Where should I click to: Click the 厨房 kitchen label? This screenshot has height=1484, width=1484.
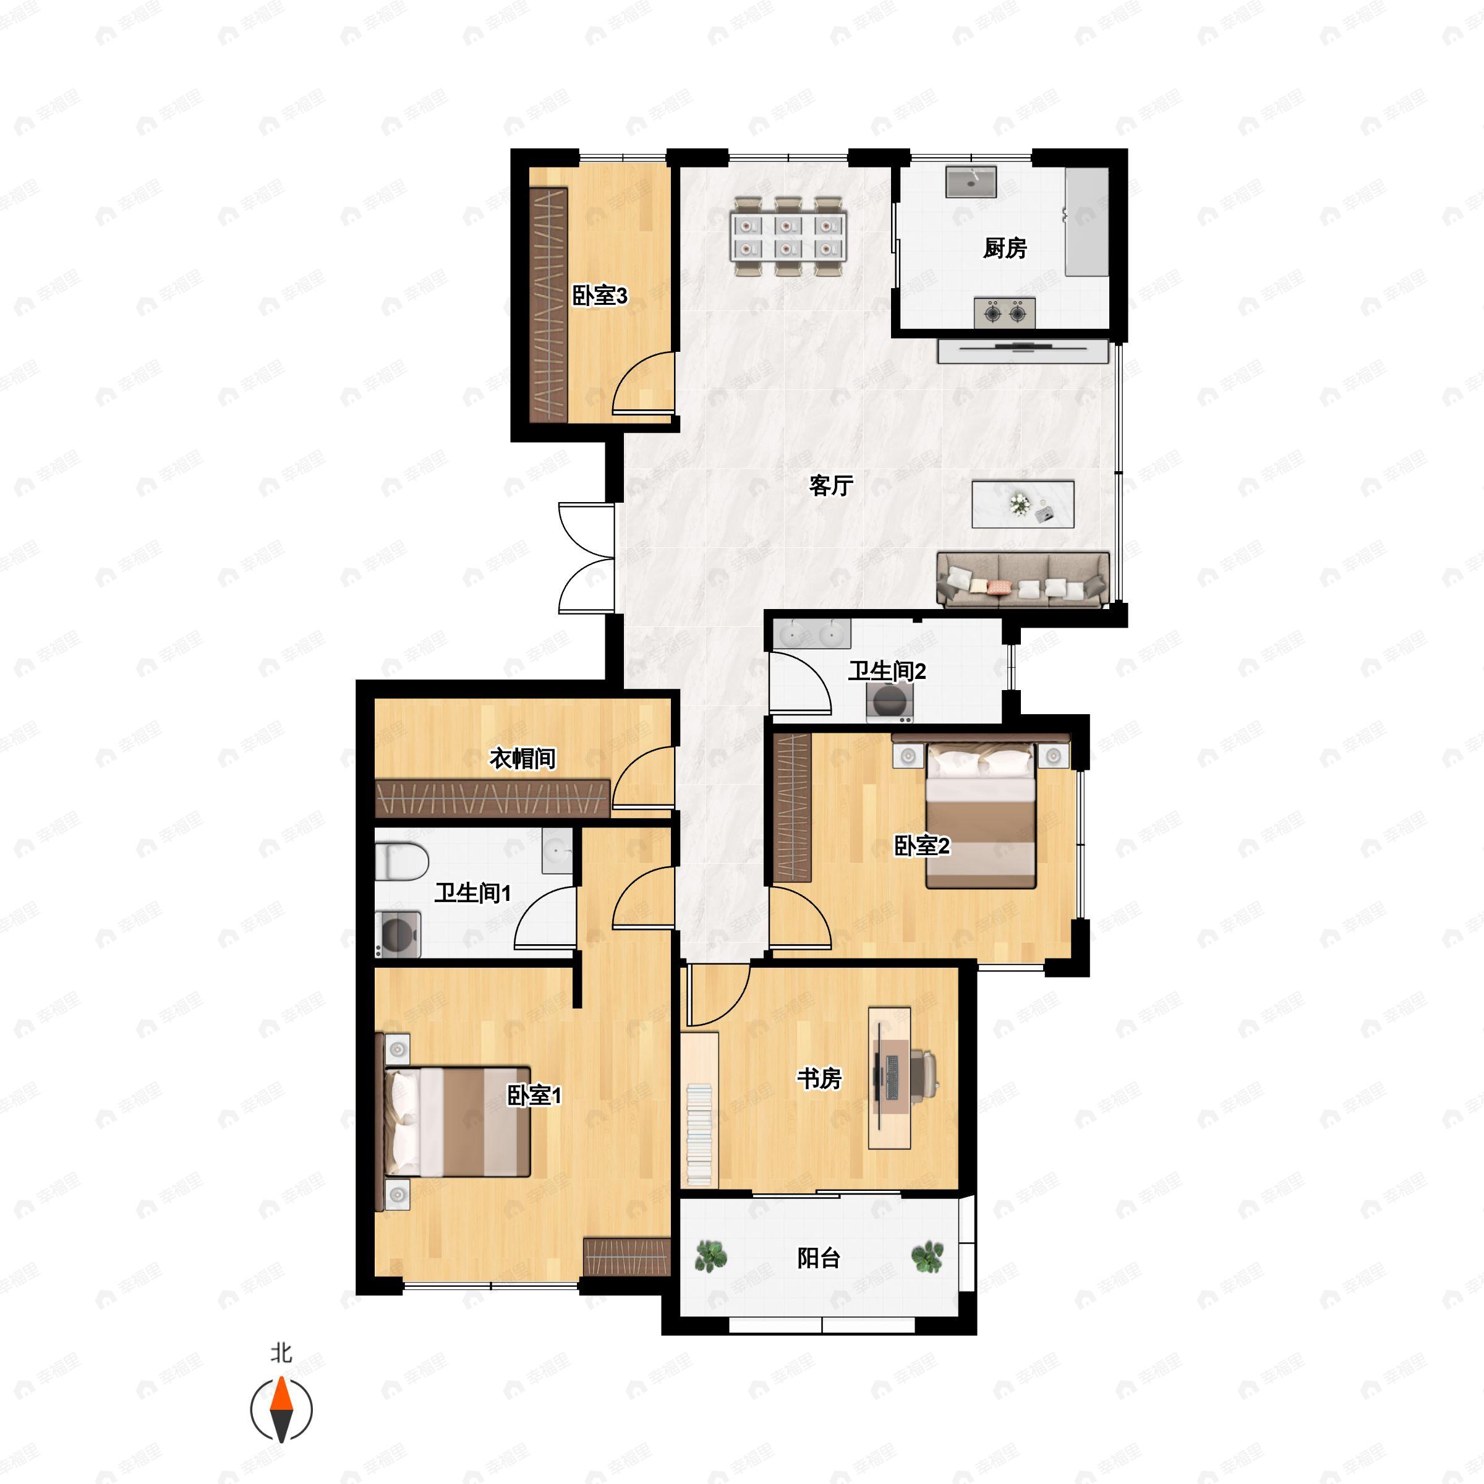point(1005,248)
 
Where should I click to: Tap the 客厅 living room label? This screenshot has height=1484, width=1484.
point(831,485)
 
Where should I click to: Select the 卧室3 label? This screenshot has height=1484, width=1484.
point(600,295)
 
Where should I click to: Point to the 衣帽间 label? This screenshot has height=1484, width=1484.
point(522,759)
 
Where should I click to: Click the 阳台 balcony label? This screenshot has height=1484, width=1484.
point(819,1258)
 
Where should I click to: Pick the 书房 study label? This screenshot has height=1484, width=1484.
point(819,1078)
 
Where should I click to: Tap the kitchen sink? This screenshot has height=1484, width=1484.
point(971,181)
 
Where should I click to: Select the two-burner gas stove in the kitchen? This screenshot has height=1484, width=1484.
point(1005,313)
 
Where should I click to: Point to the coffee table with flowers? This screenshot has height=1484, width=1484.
point(1022,504)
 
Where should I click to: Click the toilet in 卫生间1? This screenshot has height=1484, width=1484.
point(401,862)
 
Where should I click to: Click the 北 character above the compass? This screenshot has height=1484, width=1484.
point(281,1353)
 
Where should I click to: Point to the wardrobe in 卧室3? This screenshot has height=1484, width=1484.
point(548,304)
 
